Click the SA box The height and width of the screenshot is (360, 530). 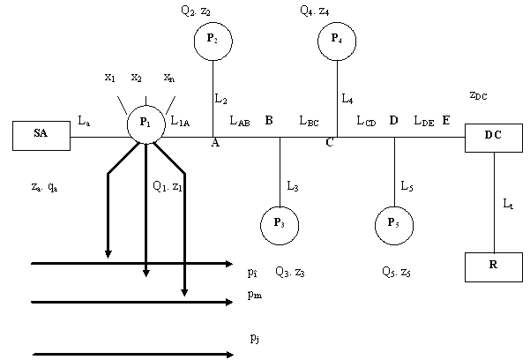(41, 136)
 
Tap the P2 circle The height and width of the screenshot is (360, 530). (213, 41)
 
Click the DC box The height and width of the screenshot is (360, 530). (494, 137)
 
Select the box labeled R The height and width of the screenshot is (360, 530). (494, 266)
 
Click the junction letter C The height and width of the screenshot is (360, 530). (329, 144)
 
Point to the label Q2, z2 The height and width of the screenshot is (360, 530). (197, 11)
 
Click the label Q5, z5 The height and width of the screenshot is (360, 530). (393, 272)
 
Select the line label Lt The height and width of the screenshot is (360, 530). (507, 204)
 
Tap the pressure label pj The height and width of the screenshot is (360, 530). (255, 338)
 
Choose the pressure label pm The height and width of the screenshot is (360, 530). (257, 298)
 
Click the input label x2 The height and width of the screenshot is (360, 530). (137, 78)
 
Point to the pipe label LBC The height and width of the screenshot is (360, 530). (309, 120)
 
